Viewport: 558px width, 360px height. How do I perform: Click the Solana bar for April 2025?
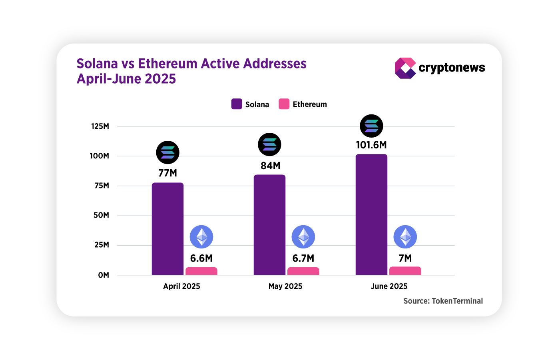[x=167, y=229]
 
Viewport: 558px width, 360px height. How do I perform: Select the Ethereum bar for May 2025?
[x=303, y=271]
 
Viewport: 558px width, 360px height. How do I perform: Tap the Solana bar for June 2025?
[x=371, y=215]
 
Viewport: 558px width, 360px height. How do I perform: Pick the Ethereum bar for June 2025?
[x=405, y=271]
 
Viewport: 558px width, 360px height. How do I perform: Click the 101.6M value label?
[x=371, y=145]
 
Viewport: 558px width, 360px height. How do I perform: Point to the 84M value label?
[x=271, y=166]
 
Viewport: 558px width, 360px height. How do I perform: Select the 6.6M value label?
[x=201, y=258]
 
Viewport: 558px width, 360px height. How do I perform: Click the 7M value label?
[x=405, y=258]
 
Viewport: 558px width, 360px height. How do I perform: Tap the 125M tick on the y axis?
[x=100, y=126]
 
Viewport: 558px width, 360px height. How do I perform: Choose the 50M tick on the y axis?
[x=101, y=215]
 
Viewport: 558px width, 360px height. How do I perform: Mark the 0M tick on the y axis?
[x=104, y=275]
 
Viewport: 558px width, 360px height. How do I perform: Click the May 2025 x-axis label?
[x=285, y=286]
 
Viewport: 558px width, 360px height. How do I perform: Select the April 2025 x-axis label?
[x=181, y=286]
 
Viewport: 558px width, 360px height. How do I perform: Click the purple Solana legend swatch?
[x=237, y=104]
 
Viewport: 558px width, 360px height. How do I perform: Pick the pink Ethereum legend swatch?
[x=284, y=104]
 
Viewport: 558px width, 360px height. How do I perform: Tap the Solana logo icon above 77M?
[x=167, y=152]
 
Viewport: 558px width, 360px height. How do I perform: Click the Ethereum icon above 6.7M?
[x=303, y=237]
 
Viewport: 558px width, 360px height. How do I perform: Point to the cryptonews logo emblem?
[x=405, y=68]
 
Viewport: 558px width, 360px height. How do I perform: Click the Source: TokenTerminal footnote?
[x=443, y=301]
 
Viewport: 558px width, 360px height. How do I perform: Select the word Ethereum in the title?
[x=167, y=64]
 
